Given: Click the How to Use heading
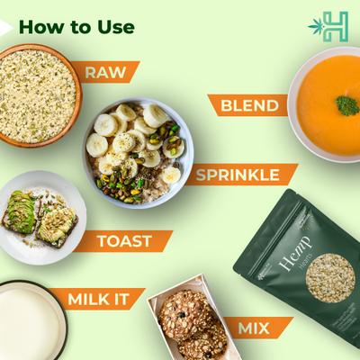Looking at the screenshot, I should coord(76,26).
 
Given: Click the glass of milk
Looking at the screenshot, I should coord(27,321).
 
